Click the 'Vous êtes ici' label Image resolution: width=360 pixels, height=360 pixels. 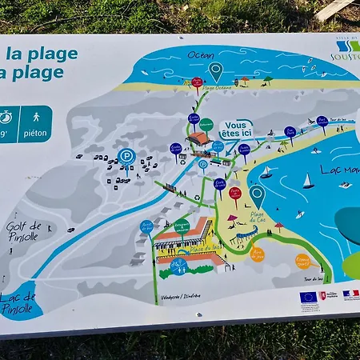coord(237,129)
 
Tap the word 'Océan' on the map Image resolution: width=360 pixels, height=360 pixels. coord(200,55)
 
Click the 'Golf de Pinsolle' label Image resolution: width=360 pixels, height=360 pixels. coord(23,231)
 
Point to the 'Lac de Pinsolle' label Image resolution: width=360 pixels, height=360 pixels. coord(18,303)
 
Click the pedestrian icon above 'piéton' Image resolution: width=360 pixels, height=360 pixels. coord(36,117)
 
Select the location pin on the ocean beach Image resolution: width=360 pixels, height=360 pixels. coord(216,70)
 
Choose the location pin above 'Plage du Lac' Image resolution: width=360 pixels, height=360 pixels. coord(257,194)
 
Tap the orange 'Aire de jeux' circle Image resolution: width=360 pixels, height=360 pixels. coord(257,254)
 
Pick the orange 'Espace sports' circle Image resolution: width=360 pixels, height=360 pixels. coord(303,261)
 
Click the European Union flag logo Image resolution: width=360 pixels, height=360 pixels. coord(308,297)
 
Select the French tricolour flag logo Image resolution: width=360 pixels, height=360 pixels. coord(350,294)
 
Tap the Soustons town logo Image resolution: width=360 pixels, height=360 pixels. coord(346,50)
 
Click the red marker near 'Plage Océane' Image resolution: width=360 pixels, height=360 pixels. coord(197,82)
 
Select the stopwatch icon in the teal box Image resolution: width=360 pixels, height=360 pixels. coord(6,117)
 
